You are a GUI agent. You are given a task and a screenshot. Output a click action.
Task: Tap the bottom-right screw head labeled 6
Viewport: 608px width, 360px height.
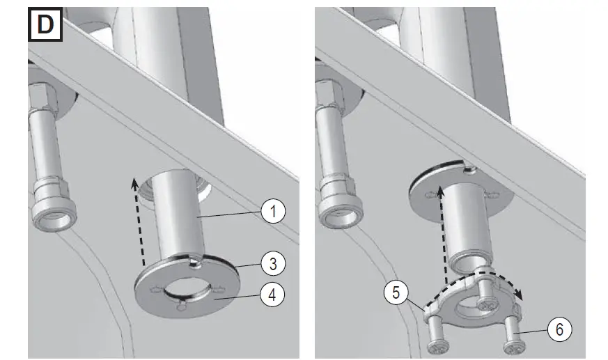tap(512, 345)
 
